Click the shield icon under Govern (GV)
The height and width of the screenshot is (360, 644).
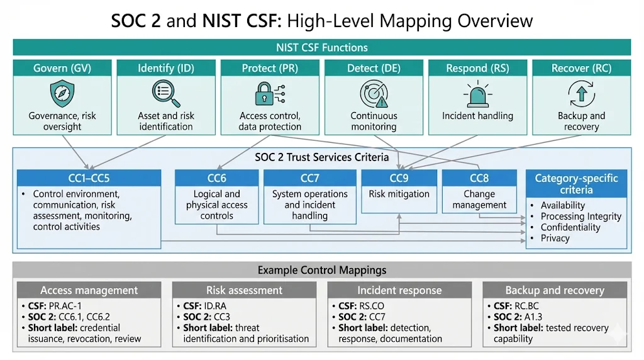tap(62, 94)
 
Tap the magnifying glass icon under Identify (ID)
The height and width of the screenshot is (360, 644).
tap(166, 94)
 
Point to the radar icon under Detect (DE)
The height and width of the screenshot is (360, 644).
tap(374, 94)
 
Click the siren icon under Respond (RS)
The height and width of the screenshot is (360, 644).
tap(477, 94)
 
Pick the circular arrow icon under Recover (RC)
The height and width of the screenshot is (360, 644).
tap(581, 94)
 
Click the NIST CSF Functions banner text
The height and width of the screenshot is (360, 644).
tap(321, 47)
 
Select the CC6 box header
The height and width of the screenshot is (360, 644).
tap(216, 178)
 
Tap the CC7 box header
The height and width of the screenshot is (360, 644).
tap(309, 178)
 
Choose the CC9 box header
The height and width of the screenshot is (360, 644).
tap(399, 178)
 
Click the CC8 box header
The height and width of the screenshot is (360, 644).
tap(479, 178)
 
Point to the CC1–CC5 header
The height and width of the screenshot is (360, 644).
tap(89, 178)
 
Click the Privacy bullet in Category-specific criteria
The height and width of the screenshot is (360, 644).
tap(555, 238)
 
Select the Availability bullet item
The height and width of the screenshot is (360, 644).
tap(562, 205)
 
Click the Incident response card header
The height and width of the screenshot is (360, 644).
tap(399, 290)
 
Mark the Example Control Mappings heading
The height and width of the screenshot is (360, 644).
tap(321, 270)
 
